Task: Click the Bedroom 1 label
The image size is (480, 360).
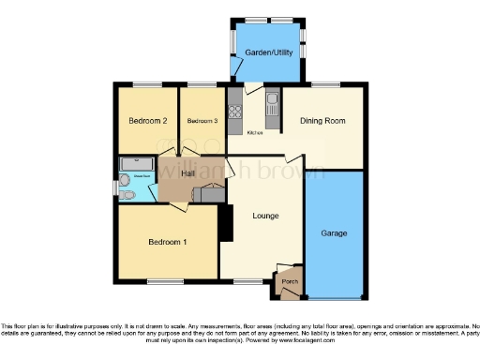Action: point(168,242)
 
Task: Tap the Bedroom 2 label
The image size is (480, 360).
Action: point(147,121)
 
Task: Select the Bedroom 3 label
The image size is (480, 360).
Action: point(202,121)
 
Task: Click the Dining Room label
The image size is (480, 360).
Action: point(322,121)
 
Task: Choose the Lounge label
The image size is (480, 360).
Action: point(265,216)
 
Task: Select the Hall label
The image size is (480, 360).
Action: point(175,175)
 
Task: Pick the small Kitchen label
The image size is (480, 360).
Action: point(254,133)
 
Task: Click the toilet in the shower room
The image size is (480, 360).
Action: point(127,194)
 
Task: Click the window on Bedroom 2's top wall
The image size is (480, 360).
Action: point(145,85)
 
